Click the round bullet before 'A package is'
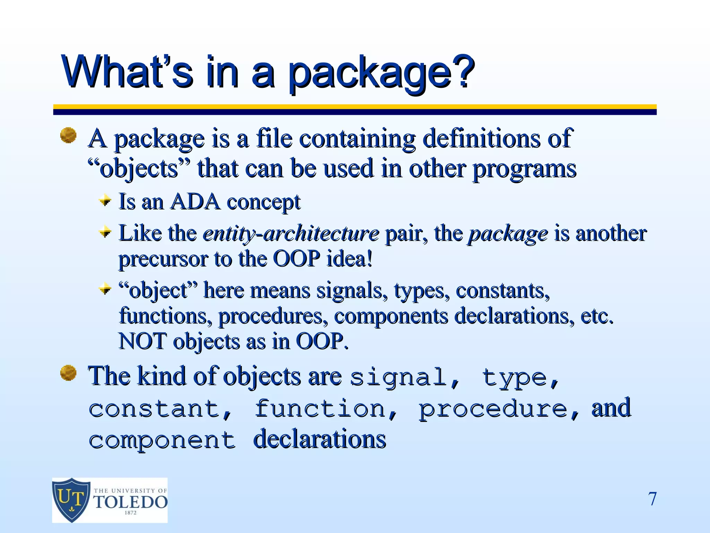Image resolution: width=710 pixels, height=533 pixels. (68, 135)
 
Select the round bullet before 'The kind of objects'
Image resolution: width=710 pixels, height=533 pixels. (68, 373)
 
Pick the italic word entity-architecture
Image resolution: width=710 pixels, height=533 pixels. (291, 233)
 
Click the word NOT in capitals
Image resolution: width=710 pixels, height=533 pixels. (142, 341)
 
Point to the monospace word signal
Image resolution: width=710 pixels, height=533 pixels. (398, 378)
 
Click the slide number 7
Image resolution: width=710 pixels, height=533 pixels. (652, 499)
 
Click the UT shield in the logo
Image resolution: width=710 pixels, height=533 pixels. (71, 500)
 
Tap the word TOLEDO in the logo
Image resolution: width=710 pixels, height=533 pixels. (131, 502)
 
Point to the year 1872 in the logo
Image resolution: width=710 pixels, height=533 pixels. (130, 513)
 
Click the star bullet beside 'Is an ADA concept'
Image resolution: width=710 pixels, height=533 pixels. (105, 201)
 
